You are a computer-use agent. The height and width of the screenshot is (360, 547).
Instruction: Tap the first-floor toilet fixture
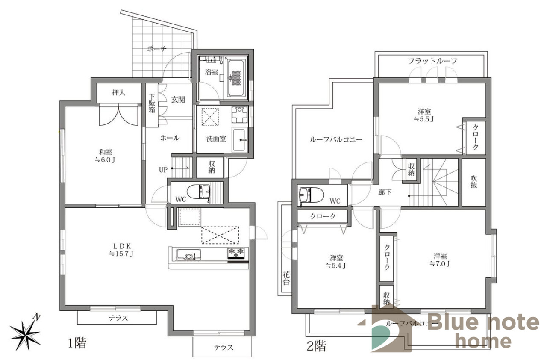pos(199,192)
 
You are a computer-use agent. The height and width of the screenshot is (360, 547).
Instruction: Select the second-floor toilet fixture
pos(312,195)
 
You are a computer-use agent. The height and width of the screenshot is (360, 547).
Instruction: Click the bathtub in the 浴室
pos(236,78)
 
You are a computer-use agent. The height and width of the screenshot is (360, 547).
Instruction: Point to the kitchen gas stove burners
pos(236,253)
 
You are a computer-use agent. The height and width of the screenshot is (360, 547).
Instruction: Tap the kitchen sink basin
pos(188,255)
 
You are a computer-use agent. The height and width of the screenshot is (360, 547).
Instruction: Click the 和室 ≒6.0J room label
pos(105,156)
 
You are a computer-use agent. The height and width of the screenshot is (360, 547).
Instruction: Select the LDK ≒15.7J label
pos(121,250)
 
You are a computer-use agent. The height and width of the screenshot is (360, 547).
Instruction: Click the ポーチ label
pos(157,49)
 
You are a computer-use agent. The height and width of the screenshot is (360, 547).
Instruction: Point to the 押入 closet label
pos(119,92)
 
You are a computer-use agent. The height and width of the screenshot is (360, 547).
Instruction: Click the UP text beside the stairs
pos(163,170)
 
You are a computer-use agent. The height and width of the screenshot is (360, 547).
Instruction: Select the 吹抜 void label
pos(473,182)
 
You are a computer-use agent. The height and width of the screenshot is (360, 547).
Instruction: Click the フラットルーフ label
pos(432,61)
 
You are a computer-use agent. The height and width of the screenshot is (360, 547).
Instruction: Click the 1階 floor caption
pos(77,343)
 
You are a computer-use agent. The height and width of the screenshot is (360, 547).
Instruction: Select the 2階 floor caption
pos(316,346)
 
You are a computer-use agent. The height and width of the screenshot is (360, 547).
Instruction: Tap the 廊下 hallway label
pos(385,192)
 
